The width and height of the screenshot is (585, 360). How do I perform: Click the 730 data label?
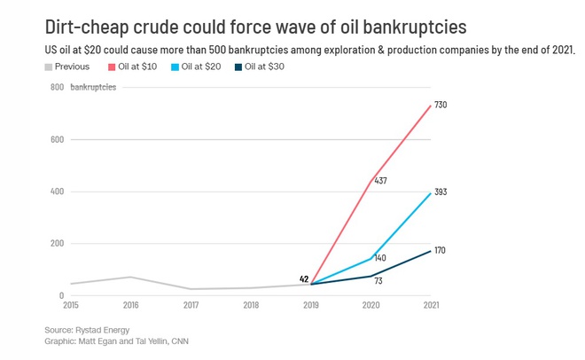click(441, 106)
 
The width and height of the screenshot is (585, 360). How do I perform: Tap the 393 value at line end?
click(441, 192)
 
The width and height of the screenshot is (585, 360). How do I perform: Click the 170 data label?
click(440, 250)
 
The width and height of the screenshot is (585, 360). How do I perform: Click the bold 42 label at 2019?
click(304, 279)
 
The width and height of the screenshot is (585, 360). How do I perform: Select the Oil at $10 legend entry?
click(133, 67)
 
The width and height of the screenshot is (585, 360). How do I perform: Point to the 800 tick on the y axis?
click(57, 88)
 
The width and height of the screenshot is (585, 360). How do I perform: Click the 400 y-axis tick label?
click(57, 192)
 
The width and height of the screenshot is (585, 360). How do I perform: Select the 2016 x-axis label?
click(130, 305)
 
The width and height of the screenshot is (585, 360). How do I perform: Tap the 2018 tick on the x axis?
click(251, 305)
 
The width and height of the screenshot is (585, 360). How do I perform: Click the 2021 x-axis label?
click(431, 305)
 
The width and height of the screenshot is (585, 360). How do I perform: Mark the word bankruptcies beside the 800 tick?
click(94, 88)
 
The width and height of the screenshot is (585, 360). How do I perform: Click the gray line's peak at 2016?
click(130, 278)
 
